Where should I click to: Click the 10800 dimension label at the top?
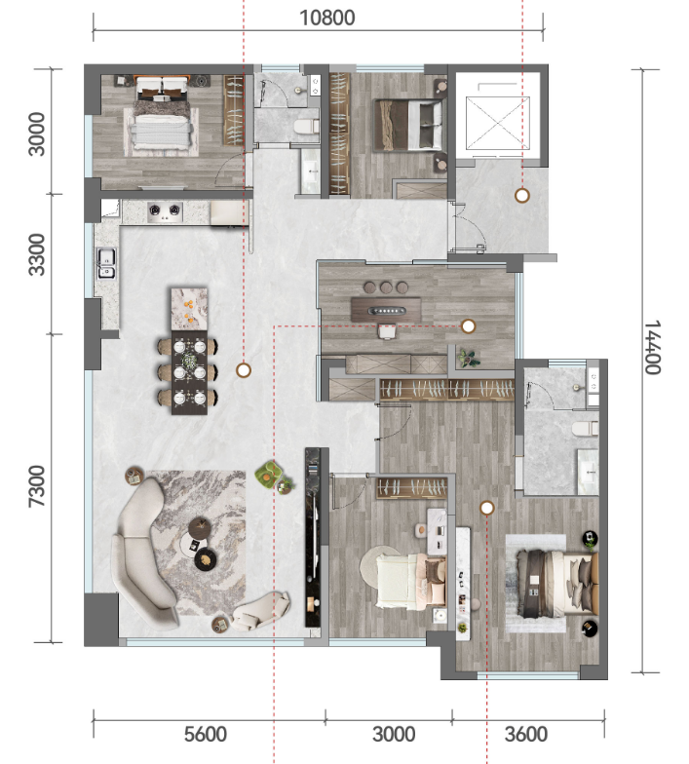click(327, 18)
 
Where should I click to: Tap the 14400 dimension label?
click(653, 347)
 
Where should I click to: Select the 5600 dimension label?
click(205, 735)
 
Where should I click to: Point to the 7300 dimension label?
click(37, 485)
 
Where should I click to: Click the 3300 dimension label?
click(37, 254)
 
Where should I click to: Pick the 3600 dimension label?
click(526, 735)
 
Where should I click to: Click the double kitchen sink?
click(107, 263)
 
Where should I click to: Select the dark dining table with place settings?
click(189, 372)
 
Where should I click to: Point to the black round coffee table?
click(207, 559)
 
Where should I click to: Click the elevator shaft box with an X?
click(497, 123)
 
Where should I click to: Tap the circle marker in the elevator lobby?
click(522, 196)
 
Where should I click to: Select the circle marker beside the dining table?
click(244, 370)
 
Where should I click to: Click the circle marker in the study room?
click(468, 326)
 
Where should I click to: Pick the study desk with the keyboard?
click(386, 310)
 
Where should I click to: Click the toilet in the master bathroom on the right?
click(585, 430)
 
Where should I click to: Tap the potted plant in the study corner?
click(469, 359)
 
